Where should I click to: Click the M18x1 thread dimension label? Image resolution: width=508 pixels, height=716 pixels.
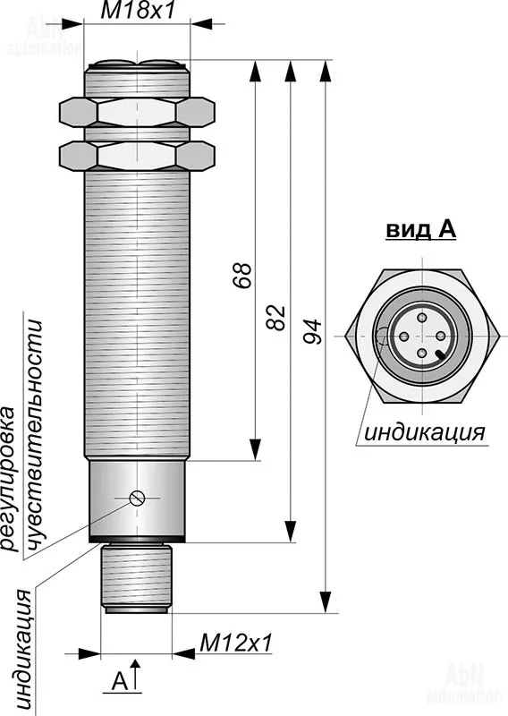pyautogui.click(x=138, y=10)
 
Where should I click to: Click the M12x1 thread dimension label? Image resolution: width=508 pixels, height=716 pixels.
pyautogui.click(x=235, y=643)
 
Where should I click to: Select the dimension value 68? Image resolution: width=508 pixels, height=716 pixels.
pyautogui.click(x=243, y=275)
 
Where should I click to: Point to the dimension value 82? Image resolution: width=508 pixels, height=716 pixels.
pyautogui.click(x=277, y=317)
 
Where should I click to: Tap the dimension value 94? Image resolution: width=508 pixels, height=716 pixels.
pyautogui.click(x=313, y=331)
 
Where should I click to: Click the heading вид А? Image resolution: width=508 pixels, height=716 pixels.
pyautogui.click(x=421, y=230)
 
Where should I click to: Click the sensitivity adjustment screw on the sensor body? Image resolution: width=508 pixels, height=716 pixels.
pyautogui.click(x=138, y=498)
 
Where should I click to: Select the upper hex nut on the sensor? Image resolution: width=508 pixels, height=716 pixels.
pyautogui.click(x=137, y=111)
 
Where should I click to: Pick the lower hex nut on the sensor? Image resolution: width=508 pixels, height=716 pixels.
pyautogui.click(x=137, y=156)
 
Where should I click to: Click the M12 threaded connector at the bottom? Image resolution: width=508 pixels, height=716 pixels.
pyautogui.click(x=137, y=578)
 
